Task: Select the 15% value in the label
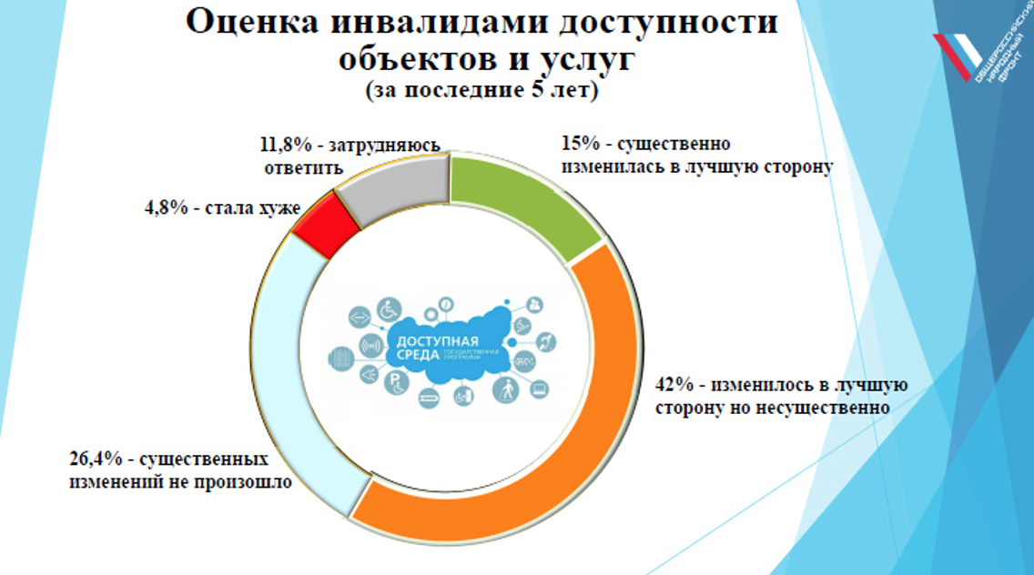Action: [x=580, y=145]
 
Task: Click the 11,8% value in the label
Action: [x=283, y=145]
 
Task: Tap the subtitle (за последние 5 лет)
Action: [x=482, y=91]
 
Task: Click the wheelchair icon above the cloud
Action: [x=390, y=310]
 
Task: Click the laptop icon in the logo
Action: [x=539, y=389]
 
